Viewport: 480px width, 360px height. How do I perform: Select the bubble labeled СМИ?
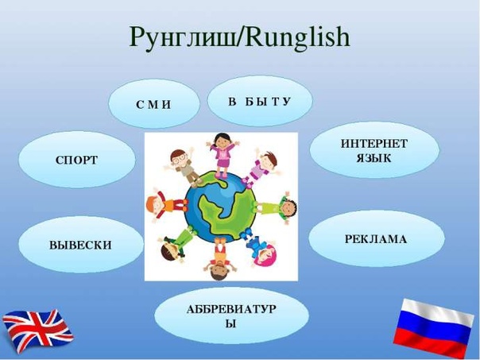[x=154, y=103]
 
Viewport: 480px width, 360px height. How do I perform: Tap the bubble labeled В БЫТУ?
[x=260, y=101]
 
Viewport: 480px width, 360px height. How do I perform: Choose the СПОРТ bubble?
[x=77, y=160]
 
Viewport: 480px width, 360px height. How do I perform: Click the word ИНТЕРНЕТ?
[x=374, y=144]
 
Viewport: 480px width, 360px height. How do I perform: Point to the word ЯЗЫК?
[x=374, y=158]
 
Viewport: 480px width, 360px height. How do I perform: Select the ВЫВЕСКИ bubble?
[x=81, y=245]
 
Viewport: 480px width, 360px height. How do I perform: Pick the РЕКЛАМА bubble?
[x=376, y=238]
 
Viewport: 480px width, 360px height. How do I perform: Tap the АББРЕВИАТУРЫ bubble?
[x=231, y=315]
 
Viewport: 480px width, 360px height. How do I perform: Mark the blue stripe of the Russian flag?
[x=432, y=328]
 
